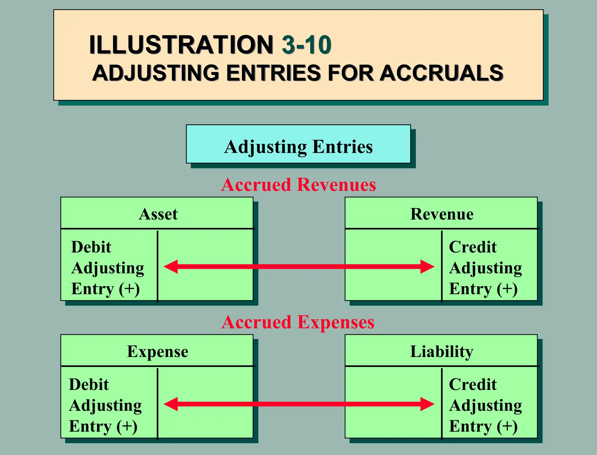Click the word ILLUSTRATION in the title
click(x=181, y=45)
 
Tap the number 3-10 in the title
click(x=306, y=45)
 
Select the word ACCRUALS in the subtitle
click(x=441, y=73)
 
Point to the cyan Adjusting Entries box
click(x=298, y=144)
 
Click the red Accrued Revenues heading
click(x=298, y=185)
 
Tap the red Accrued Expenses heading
click(x=298, y=322)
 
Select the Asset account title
click(x=158, y=214)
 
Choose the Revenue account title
click(x=442, y=214)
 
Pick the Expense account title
click(x=157, y=351)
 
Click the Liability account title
click(x=442, y=351)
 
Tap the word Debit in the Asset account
click(x=91, y=247)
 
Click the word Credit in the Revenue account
click(x=473, y=247)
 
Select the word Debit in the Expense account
click(x=89, y=384)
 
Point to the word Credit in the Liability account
click(x=473, y=384)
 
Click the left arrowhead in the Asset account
click(x=171, y=267)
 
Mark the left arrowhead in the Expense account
click(x=171, y=404)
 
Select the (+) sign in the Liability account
click(x=507, y=426)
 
